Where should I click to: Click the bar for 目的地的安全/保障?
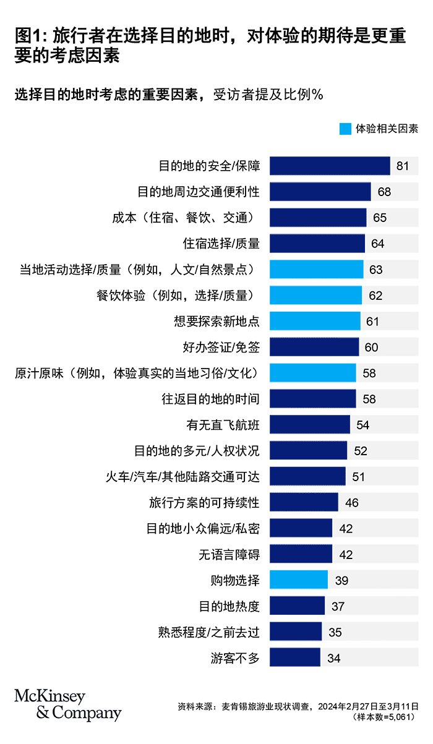pyautogui.click(x=330, y=166)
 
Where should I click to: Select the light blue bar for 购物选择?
pyautogui.click(x=299, y=580)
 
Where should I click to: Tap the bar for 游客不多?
pyautogui.click(x=295, y=658)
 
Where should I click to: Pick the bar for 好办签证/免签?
pyautogui.click(x=314, y=348)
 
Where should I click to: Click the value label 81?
pyautogui.click(x=403, y=166)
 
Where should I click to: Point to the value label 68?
pyautogui.click(x=384, y=192)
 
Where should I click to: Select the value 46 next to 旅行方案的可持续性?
pyautogui.click(x=351, y=503)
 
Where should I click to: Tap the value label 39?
pyautogui.click(x=341, y=580)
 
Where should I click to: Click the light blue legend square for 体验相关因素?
pyautogui.click(x=345, y=129)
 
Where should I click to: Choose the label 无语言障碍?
pyautogui.click(x=229, y=555)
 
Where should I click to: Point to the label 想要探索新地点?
pyautogui.click(x=216, y=322)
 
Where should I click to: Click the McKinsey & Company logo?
pyautogui.click(x=67, y=704)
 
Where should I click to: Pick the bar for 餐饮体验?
pyautogui.click(x=315, y=296)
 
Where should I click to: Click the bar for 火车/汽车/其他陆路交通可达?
pyautogui.click(x=307, y=477)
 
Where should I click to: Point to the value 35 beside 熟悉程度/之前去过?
pyautogui.click(x=335, y=632)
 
